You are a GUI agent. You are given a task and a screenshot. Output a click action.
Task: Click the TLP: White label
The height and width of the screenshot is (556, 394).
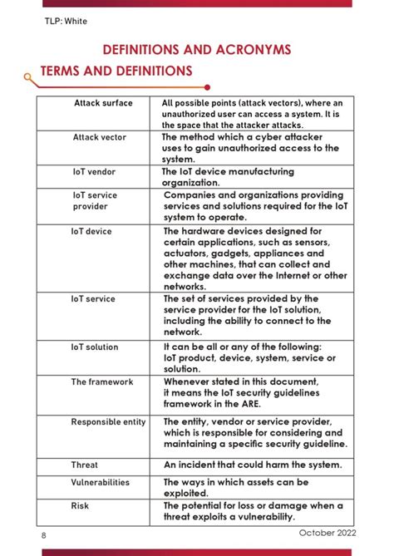click(65, 21)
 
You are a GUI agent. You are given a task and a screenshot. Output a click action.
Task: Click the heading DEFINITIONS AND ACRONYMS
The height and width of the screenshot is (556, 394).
click(196, 50)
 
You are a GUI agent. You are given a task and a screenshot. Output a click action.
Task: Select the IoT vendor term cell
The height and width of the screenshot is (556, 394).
click(94, 172)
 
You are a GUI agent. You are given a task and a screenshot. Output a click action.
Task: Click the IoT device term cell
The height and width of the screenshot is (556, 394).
click(91, 231)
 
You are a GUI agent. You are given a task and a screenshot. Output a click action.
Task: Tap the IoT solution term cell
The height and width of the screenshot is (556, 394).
click(95, 347)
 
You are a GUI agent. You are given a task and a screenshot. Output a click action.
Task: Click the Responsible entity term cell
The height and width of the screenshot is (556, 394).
click(108, 421)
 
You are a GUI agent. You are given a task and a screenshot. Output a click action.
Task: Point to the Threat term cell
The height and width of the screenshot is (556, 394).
click(85, 465)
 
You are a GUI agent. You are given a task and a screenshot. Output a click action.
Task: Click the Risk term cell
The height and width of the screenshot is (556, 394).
click(80, 504)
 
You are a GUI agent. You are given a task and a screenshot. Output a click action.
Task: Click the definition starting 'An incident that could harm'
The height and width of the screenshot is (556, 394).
click(252, 465)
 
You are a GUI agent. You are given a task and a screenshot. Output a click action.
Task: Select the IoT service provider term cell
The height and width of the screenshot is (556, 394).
click(95, 200)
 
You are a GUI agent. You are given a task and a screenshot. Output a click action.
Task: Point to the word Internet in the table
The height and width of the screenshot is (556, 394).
click(278, 275)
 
